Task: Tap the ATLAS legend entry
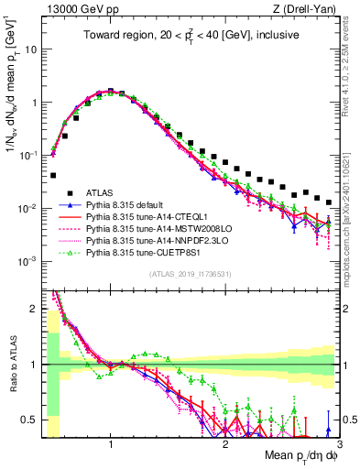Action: coord(100,193)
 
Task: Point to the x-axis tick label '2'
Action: coord(225,444)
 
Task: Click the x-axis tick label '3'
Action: coord(339,444)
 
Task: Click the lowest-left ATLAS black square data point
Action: coord(53,175)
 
